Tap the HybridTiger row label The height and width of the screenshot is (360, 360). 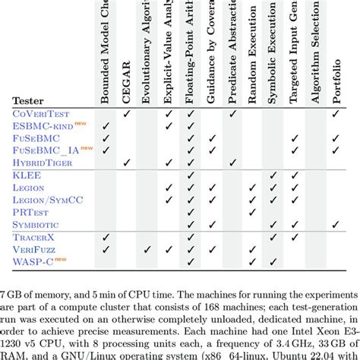point(45,162)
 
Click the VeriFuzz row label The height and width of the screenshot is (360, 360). point(36,248)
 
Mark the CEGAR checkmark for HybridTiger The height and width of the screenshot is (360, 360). point(127,162)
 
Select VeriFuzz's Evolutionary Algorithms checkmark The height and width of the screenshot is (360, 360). point(148,248)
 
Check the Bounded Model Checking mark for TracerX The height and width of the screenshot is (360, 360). point(106,236)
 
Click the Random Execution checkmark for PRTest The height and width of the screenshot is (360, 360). point(252,211)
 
